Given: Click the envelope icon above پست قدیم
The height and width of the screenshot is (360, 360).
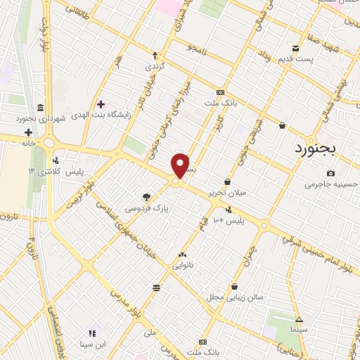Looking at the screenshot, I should [295, 49].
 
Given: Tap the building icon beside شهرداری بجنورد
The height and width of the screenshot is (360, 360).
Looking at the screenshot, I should [39, 108].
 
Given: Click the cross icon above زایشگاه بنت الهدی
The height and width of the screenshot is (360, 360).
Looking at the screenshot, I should [101, 104].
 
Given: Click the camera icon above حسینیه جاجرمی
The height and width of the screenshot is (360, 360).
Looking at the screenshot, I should [330, 173].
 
